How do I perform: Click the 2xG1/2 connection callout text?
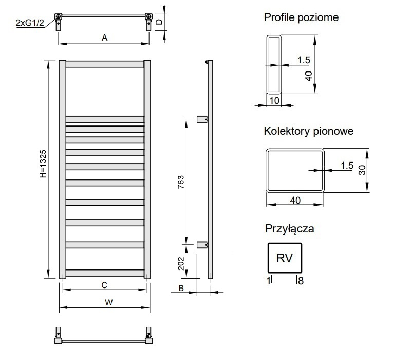(30, 23)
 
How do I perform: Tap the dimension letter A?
(105, 38)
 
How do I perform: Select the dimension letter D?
(159, 22)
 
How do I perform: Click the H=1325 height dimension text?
(43, 164)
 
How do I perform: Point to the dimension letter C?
(104, 285)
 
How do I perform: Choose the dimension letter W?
(109, 302)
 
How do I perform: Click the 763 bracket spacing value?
(181, 182)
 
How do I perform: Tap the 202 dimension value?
(181, 263)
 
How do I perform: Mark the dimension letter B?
(181, 288)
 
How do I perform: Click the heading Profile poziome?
(301, 17)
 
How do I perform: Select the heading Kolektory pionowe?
(309, 131)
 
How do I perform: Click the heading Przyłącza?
(290, 229)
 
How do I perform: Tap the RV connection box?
(285, 258)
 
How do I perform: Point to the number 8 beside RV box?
(301, 281)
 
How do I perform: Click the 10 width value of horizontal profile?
(274, 100)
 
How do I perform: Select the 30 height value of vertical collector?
(362, 170)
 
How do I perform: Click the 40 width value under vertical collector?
(295, 201)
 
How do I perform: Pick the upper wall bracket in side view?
(202, 119)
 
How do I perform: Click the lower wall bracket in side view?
(202, 245)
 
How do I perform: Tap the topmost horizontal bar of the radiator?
(105, 64)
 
